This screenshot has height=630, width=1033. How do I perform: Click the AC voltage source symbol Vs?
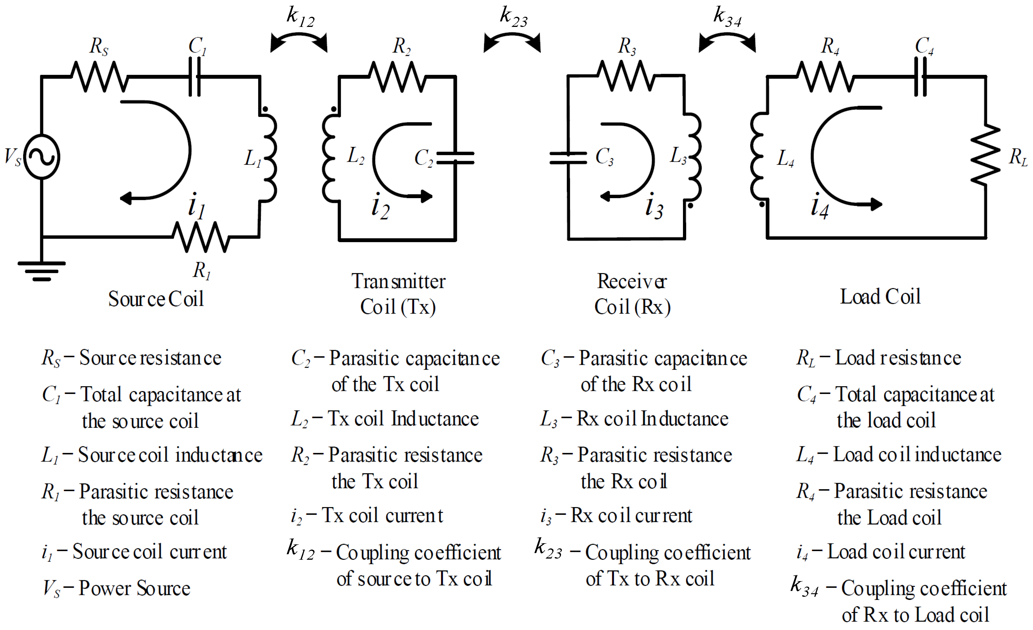coord(42,157)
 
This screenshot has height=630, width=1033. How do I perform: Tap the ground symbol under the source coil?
coord(42,270)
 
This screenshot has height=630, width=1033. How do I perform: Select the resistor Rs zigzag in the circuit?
coord(99,76)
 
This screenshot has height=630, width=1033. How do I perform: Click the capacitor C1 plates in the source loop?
coord(195,77)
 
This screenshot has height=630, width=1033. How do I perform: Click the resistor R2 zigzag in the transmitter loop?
coord(397,77)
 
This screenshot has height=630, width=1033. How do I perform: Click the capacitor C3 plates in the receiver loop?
coord(568,158)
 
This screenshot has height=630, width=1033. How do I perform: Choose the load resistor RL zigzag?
coord(986,155)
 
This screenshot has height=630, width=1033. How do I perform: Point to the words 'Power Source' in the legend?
coord(134,588)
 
